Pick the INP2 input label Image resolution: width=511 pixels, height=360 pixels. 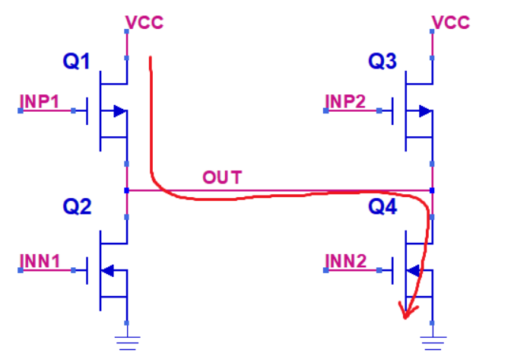coord(347,100)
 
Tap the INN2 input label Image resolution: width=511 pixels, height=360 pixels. coord(347,260)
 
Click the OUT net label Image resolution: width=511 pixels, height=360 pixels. coord(222,178)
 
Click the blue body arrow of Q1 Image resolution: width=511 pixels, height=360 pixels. coord(118,111)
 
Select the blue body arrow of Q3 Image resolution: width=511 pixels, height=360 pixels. coord(424,111)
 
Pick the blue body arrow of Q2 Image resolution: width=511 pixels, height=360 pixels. coord(108,269)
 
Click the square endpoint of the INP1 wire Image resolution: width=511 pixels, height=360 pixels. coord(21,111)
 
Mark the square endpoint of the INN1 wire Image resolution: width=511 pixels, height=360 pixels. coord(21,269)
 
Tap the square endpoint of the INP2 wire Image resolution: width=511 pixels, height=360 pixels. coord(325,111)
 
